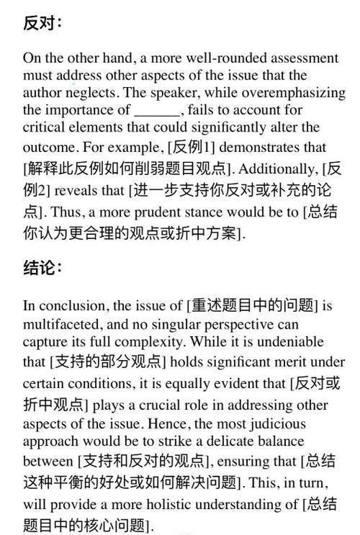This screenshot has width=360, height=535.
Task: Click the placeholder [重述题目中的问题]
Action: [253, 305]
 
